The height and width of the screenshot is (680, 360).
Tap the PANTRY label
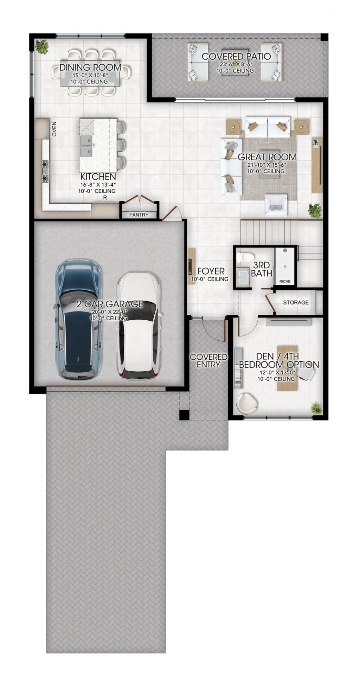coord(139,214)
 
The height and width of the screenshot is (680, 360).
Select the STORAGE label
coord(296,302)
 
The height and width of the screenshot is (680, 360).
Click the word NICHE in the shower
coord(285,281)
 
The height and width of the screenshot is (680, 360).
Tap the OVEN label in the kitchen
coord(54,129)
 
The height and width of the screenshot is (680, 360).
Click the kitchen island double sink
coord(86,146)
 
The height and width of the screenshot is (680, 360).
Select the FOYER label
coord(211,271)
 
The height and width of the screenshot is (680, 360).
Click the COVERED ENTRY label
coord(208,361)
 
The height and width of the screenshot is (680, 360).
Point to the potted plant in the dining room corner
coord(42,47)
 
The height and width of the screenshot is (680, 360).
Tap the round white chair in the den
coord(247,403)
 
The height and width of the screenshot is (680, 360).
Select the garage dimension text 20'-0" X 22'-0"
coord(109,312)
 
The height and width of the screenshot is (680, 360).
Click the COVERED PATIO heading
coord(236,56)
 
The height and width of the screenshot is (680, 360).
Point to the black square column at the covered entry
coord(184,415)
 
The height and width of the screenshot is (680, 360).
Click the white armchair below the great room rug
coord(276,205)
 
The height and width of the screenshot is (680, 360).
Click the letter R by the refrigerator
coord(105,198)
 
